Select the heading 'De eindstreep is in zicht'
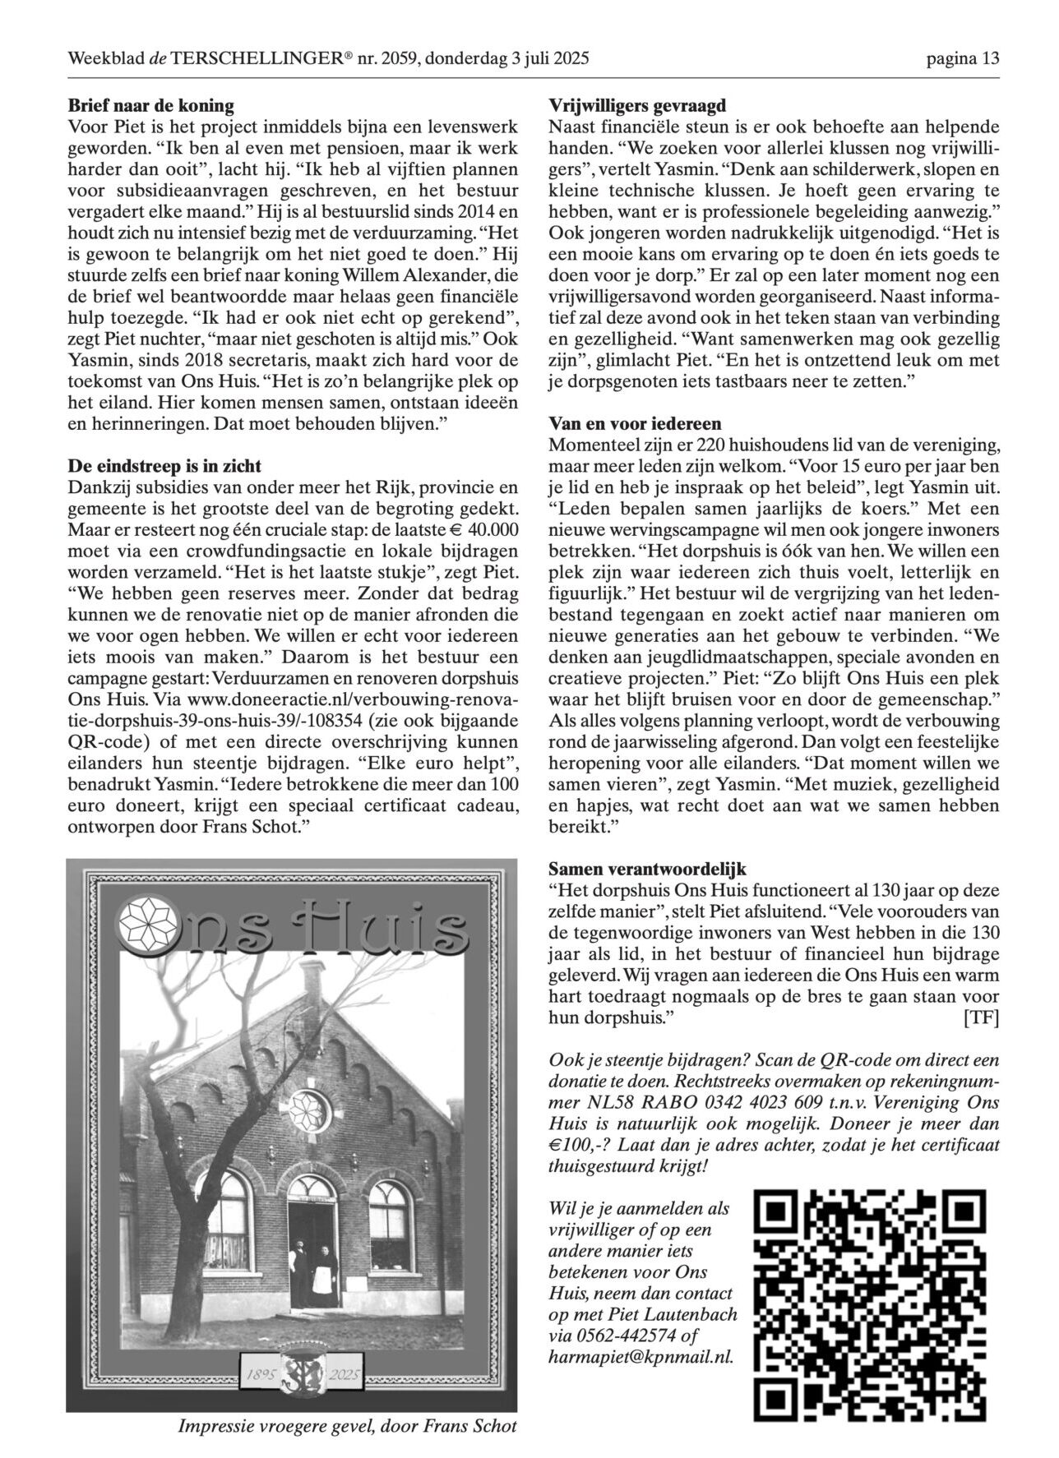click(x=164, y=467)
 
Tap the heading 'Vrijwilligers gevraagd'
click(x=637, y=105)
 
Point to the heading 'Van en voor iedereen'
click(x=635, y=424)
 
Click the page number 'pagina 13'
click(x=963, y=58)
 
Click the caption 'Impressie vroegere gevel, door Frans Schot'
click(x=348, y=1425)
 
